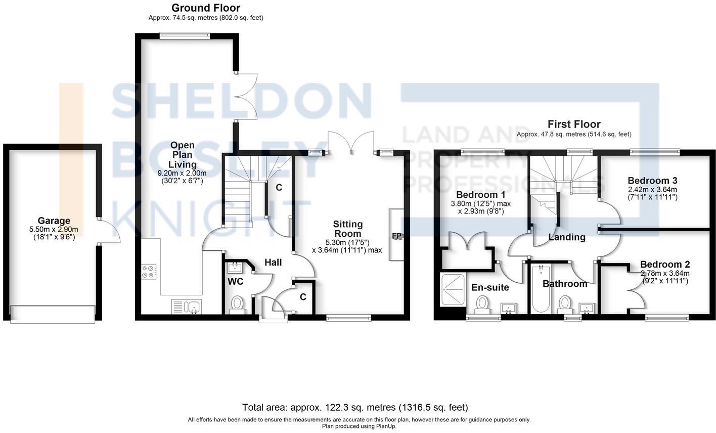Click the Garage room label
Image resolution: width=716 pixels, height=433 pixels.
coord(54,221)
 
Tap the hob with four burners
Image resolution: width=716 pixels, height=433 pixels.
coord(149,272)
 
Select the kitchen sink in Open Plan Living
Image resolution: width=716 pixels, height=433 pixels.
coord(187,307)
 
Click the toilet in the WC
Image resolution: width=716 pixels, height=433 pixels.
coord(237,304)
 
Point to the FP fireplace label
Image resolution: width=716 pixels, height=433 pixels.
coord(396,236)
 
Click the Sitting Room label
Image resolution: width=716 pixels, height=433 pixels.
coord(347,229)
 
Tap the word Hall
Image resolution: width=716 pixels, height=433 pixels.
coord(273,262)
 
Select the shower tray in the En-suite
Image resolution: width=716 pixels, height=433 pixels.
coord(451,290)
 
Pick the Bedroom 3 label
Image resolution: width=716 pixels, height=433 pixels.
coord(652,181)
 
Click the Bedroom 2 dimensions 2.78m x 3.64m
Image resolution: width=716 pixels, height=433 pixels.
coord(664,273)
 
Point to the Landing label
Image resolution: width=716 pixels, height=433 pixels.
coord(567,237)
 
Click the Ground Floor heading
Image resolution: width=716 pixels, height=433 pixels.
coord(206,8)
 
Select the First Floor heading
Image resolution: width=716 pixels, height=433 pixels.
coord(574,124)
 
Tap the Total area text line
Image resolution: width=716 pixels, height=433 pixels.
coord(355,407)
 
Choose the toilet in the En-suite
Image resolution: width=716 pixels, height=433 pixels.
coord(482,305)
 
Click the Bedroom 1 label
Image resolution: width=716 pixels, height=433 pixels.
coord(480,195)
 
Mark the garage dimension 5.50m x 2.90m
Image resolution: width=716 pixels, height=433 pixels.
coord(54,229)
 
